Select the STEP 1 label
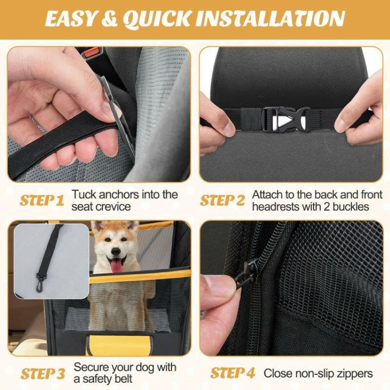coord(42,200)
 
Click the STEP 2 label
coord(222,200)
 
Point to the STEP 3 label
coord(43,373)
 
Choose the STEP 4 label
coord(233,373)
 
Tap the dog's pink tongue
coord(117,266)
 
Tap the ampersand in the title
coord(109,19)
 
